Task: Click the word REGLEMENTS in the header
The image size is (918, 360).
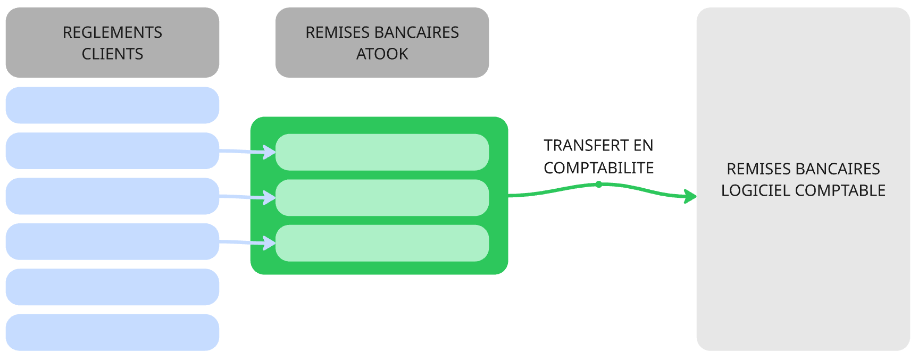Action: (x=112, y=32)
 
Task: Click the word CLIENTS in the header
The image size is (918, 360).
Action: (x=112, y=54)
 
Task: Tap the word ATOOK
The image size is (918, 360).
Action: (x=382, y=54)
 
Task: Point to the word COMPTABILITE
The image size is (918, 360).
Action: (x=598, y=168)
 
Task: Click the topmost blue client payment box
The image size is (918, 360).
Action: (x=112, y=105)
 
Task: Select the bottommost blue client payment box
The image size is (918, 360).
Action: (x=112, y=332)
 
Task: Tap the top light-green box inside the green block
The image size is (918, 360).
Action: (x=382, y=152)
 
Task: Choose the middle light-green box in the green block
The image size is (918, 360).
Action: (x=382, y=198)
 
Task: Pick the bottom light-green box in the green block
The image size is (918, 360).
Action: (x=382, y=243)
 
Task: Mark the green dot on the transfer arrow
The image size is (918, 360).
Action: (x=599, y=185)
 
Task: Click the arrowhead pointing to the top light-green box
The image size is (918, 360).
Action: (x=270, y=153)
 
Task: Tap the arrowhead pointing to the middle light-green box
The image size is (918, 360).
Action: (x=270, y=198)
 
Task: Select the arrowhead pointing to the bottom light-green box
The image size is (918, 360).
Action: (x=270, y=243)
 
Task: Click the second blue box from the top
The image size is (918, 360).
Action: (x=112, y=151)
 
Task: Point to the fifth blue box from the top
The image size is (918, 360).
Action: (x=112, y=287)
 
